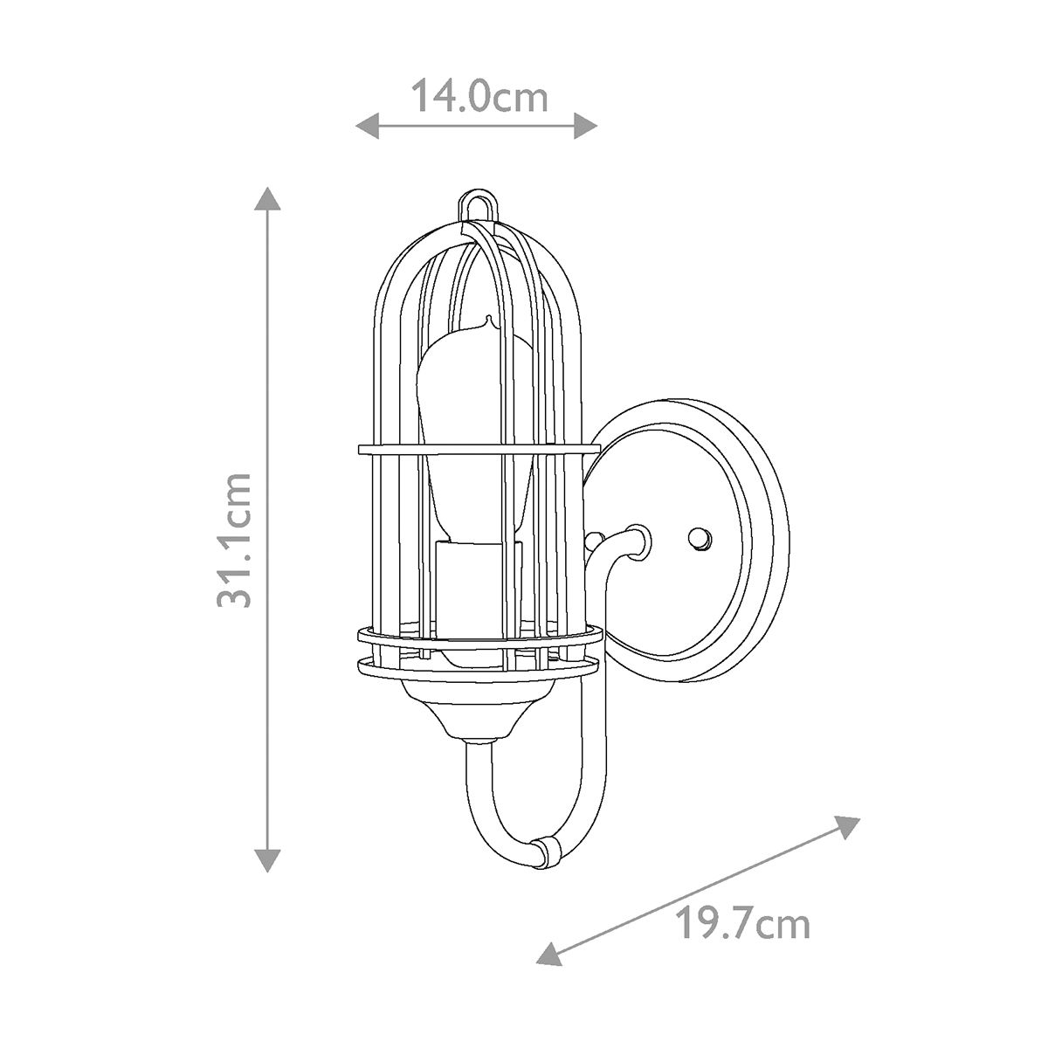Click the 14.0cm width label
pos(479,96)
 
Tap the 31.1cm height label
pos(234,540)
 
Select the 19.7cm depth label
pos(744,924)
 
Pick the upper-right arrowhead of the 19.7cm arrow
pos(850,825)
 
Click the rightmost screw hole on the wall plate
pos(700,539)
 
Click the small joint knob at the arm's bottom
pos(547,851)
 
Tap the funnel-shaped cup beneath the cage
pos(477,711)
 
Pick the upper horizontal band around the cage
pos(479,450)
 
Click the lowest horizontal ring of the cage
pos(477,668)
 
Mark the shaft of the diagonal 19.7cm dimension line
pos(699,888)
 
